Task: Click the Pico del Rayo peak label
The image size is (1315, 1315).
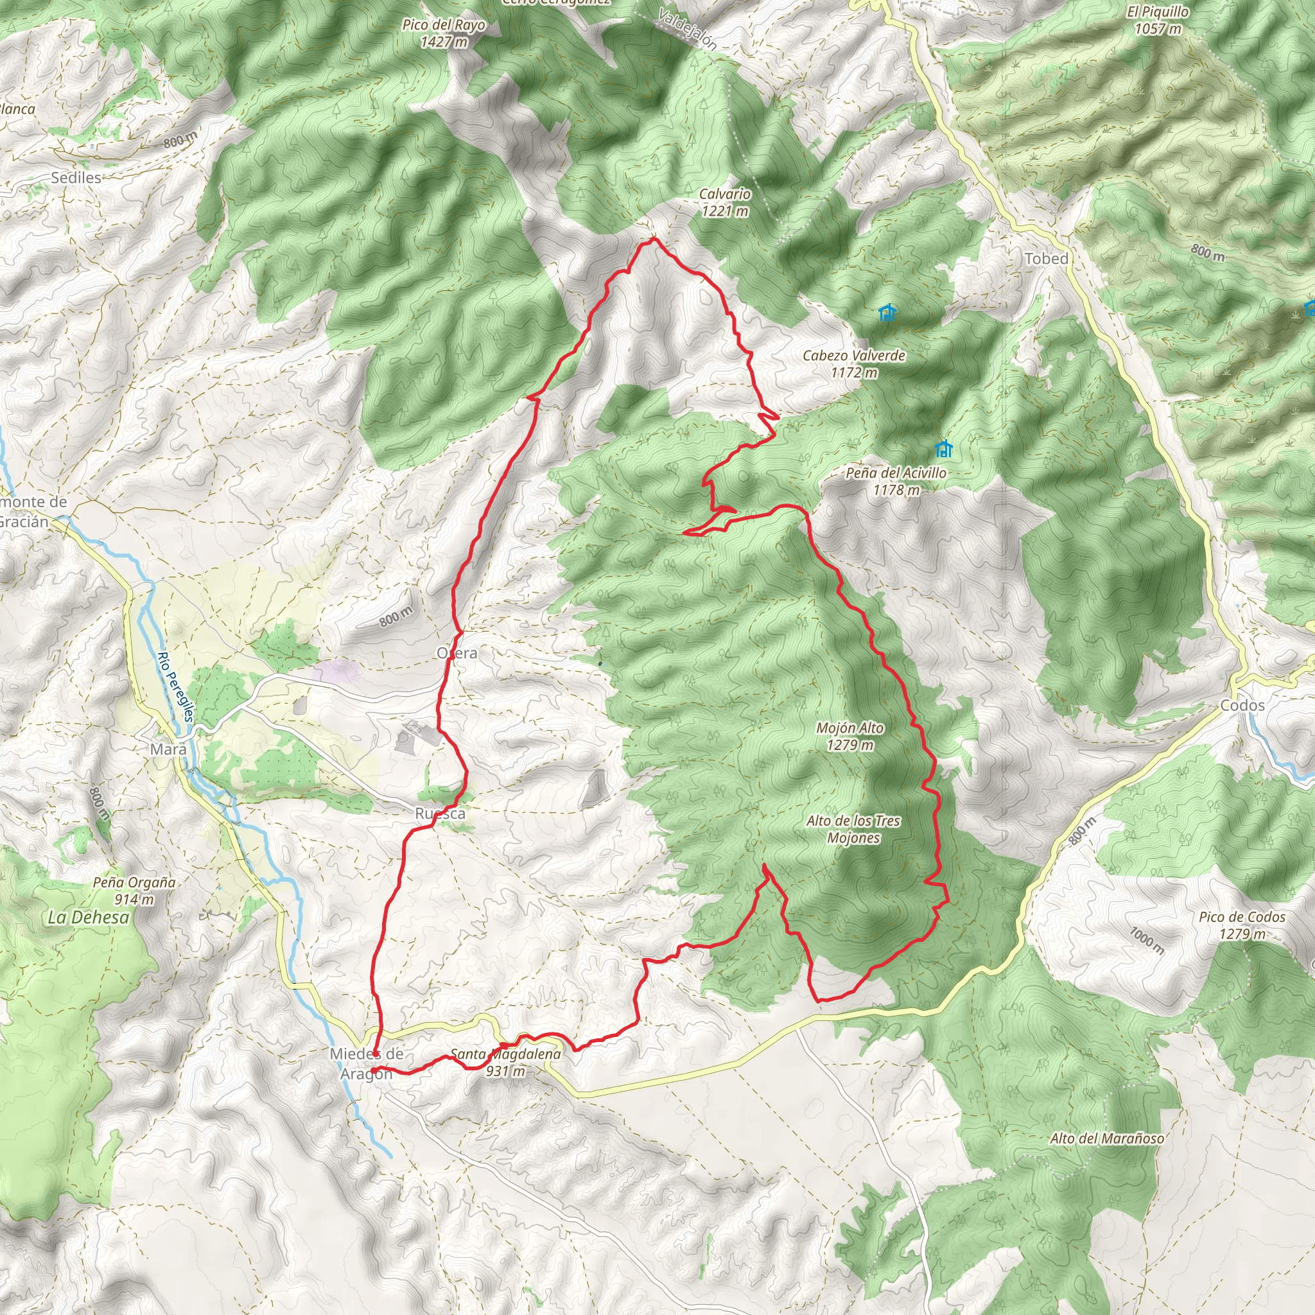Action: click(x=443, y=33)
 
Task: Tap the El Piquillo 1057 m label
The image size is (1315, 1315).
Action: click(x=1157, y=20)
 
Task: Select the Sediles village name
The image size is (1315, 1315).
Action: click(x=76, y=178)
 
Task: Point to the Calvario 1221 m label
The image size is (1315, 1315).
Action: click(x=725, y=202)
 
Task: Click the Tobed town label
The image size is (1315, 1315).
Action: click(x=1046, y=259)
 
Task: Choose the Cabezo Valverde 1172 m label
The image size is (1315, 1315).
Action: click(x=853, y=363)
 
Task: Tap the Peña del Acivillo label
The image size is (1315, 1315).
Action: click(x=896, y=481)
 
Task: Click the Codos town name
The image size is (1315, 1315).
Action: click(x=1242, y=705)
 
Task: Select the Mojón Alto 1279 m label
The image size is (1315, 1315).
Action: click(x=849, y=736)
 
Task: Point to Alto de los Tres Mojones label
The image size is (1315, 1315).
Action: click(x=853, y=829)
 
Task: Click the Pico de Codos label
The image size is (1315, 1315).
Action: click(x=1242, y=925)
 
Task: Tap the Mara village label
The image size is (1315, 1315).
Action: click(x=168, y=749)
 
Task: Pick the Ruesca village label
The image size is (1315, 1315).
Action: click(x=440, y=814)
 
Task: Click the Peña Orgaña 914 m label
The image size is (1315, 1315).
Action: click(x=134, y=891)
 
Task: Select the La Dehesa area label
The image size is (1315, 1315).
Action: click(x=88, y=917)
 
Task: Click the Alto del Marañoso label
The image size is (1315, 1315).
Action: click(x=1107, y=1138)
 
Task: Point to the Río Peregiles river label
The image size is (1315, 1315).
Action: click(x=175, y=687)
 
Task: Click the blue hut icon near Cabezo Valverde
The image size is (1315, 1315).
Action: click(x=886, y=313)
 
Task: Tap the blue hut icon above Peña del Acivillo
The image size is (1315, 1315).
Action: click(x=943, y=449)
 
